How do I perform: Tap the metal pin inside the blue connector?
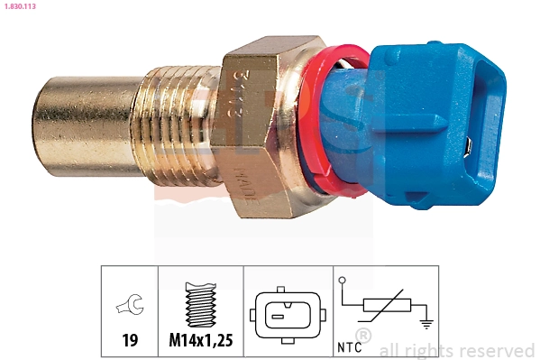[x=471, y=144]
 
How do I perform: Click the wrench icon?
[x=129, y=308]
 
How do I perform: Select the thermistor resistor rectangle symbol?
[x=385, y=308]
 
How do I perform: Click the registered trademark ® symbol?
[x=362, y=337]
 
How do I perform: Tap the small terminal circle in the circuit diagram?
[x=343, y=280]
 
